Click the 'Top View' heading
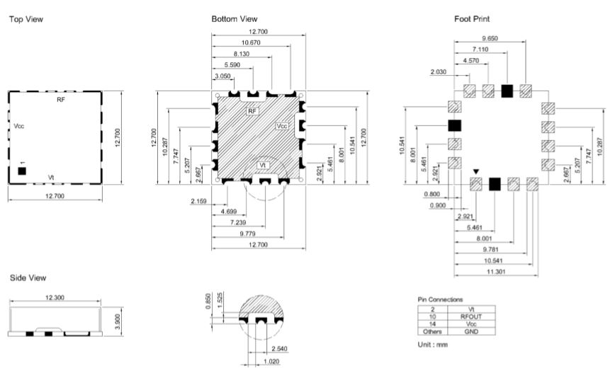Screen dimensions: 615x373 tap(26, 19)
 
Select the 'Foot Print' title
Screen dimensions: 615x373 tap(472, 19)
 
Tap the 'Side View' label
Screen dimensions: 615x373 tap(28, 277)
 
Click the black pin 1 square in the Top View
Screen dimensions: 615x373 tap(22, 171)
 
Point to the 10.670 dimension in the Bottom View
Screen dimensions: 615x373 tap(251, 42)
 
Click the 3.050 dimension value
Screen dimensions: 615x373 tap(222, 76)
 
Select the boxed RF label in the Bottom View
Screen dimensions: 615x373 tap(252, 111)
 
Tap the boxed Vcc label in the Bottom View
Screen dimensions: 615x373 tap(282, 126)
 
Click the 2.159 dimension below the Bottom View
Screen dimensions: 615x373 tap(198, 202)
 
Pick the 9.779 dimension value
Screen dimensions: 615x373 tap(247, 234)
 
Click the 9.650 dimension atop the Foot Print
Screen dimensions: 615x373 tap(490, 38)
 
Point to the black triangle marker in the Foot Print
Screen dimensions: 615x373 tap(475, 171)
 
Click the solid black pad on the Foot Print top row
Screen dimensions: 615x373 tap(507, 91)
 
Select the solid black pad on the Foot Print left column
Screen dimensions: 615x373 tap(455, 125)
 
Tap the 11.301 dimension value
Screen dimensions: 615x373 tap(496, 272)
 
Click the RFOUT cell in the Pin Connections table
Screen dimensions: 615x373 tap(471, 316)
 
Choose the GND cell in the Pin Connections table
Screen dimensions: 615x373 tap(471, 331)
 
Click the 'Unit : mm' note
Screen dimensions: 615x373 tap(433, 345)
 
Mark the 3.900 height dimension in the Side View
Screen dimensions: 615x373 tap(118, 321)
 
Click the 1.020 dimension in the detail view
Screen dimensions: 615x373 tap(271, 361)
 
